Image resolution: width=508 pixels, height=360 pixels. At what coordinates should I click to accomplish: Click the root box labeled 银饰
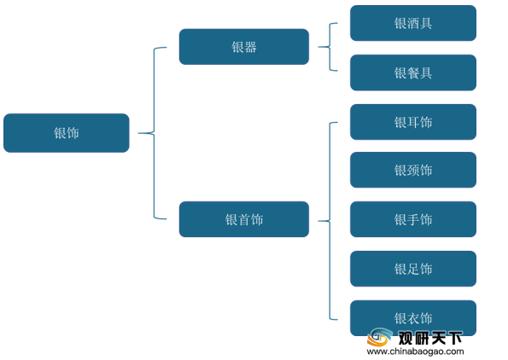67,133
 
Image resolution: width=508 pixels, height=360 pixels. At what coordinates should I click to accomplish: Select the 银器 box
244,47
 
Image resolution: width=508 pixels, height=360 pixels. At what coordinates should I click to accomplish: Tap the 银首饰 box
244,219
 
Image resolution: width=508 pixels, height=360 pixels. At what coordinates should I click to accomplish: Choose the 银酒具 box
413,23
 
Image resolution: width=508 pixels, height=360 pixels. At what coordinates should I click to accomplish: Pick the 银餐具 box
413,73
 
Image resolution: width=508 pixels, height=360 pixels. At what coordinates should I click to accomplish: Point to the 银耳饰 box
413,122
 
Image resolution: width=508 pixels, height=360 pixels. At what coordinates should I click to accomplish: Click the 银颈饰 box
413,170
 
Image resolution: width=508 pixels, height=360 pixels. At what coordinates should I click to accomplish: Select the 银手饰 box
413,219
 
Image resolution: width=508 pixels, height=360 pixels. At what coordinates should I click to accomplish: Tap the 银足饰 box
413,269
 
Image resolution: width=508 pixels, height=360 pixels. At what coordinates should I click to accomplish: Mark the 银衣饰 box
413,318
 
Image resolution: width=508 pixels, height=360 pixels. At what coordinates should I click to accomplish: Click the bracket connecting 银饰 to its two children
154,133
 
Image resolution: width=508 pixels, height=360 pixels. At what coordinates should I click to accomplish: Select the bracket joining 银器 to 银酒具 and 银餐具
330,47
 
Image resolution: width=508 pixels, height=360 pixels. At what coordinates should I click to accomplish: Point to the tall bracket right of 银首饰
330,221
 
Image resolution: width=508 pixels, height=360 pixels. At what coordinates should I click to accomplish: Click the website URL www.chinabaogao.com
415,351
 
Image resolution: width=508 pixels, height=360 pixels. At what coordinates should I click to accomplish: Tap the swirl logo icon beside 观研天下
379,337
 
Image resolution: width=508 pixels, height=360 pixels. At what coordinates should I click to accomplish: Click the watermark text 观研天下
430,339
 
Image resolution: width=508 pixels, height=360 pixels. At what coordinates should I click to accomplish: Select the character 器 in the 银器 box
250,47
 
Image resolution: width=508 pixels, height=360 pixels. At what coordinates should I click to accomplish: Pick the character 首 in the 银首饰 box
244,219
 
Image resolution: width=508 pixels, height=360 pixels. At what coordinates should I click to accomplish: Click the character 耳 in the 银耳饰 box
413,122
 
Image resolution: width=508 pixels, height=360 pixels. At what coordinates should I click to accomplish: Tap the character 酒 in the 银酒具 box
413,23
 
